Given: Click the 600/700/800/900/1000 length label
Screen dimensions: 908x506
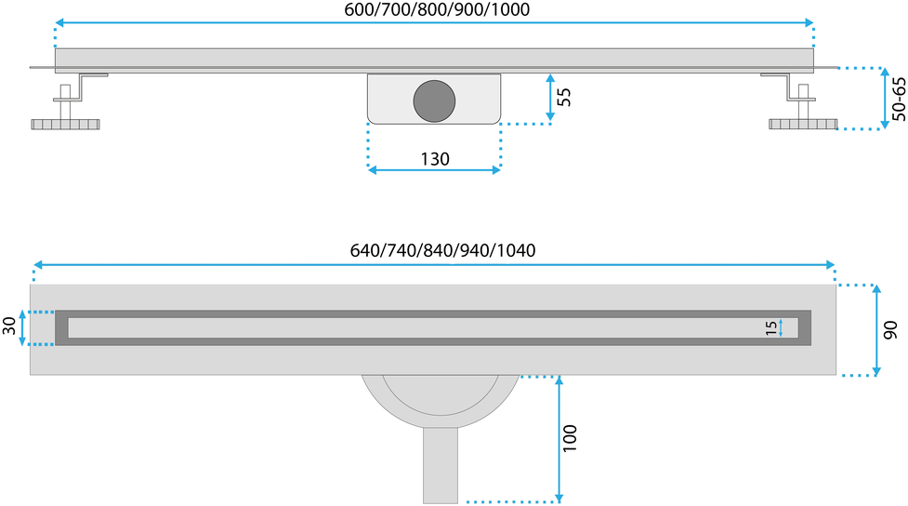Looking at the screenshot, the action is tap(437, 9).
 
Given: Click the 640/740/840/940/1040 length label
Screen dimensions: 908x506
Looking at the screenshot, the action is tap(442, 250).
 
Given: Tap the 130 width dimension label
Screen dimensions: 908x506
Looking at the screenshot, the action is tap(435, 159).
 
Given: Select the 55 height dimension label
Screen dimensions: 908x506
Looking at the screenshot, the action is tap(564, 97).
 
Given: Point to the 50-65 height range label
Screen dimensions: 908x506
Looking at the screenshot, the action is tap(899, 100).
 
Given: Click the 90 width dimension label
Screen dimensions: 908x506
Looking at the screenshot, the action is tap(890, 330).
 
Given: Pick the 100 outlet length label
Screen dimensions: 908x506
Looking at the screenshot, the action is tap(570, 438).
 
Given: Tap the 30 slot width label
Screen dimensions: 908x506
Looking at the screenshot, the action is tap(9, 326).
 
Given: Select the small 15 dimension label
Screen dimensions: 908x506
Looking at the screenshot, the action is tap(770, 328).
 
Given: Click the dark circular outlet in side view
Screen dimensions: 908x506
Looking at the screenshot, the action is tap(434, 100).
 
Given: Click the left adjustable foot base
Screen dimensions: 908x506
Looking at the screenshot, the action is tap(65, 124).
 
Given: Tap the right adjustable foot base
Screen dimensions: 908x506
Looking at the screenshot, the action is tap(803, 124).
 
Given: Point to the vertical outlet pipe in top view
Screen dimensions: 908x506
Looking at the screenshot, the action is tap(441, 465).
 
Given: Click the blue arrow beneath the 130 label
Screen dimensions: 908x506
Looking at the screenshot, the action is tap(434, 170).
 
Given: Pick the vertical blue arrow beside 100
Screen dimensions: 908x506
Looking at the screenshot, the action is tap(559, 439).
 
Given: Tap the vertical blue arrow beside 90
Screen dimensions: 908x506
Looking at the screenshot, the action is tap(876, 330).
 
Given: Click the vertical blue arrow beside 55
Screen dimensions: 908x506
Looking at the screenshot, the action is tap(550, 98).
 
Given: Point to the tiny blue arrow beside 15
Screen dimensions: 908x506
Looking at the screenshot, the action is tap(781, 328).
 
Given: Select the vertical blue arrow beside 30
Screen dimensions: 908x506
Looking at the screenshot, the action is tap(22, 327).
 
